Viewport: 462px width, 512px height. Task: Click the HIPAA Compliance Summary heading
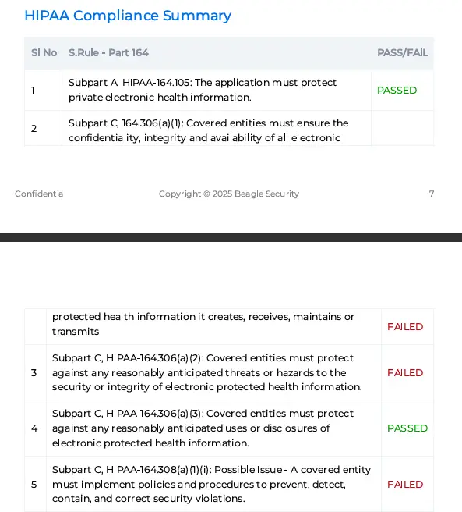tap(128, 16)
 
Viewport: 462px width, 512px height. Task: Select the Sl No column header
tap(44, 53)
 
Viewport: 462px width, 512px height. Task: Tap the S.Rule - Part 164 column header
tap(108, 53)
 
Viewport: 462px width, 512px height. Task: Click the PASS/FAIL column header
tap(402, 53)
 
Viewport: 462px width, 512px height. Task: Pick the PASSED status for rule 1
tap(397, 91)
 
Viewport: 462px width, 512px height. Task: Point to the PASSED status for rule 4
tap(407, 428)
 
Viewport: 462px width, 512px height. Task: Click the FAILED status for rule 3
tap(405, 373)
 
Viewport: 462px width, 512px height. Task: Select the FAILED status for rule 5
tap(405, 485)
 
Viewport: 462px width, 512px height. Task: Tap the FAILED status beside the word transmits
tap(405, 327)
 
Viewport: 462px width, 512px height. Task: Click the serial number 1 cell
tap(33, 91)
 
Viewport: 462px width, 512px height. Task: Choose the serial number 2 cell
tap(34, 129)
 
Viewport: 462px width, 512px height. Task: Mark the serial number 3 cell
tap(34, 373)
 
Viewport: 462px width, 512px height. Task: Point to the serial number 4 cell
tap(34, 428)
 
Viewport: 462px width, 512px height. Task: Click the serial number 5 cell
tap(34, 485)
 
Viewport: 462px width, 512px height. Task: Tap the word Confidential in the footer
tap(41, 194)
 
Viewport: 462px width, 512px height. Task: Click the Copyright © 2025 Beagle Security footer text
tap(229, 194)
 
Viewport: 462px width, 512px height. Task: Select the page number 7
tap(432, 194)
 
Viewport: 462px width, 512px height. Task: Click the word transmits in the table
tap(76, 332)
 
